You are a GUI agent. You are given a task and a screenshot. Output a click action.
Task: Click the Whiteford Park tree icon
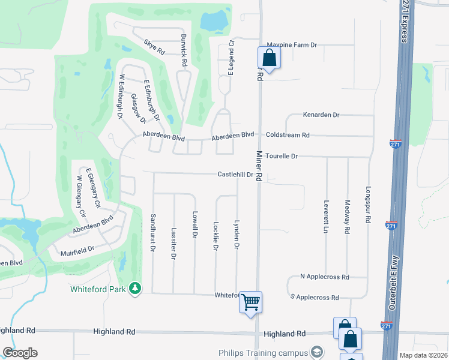click(x=136, y=289)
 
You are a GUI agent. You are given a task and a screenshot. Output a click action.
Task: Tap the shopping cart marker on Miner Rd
click(x=251, y=302)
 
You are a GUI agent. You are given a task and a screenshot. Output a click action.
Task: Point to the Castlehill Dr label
click(x=235, y=175)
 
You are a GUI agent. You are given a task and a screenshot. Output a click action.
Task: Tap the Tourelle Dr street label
click(x=282, y=156)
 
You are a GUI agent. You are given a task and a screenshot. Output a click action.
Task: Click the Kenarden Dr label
click(x=321, y=115)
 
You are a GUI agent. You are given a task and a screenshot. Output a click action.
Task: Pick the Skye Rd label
click(x=154, y=47)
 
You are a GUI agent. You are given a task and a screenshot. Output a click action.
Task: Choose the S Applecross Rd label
click(x=314, y=298)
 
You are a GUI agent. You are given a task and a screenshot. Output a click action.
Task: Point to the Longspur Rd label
click(x=368, y=205)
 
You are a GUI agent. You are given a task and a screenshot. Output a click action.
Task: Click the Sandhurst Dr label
click(x=153, y=232)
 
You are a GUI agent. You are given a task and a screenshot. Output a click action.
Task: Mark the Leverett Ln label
click(x=326, y=217)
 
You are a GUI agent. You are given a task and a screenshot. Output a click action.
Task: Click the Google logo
click(x=20, y=353)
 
